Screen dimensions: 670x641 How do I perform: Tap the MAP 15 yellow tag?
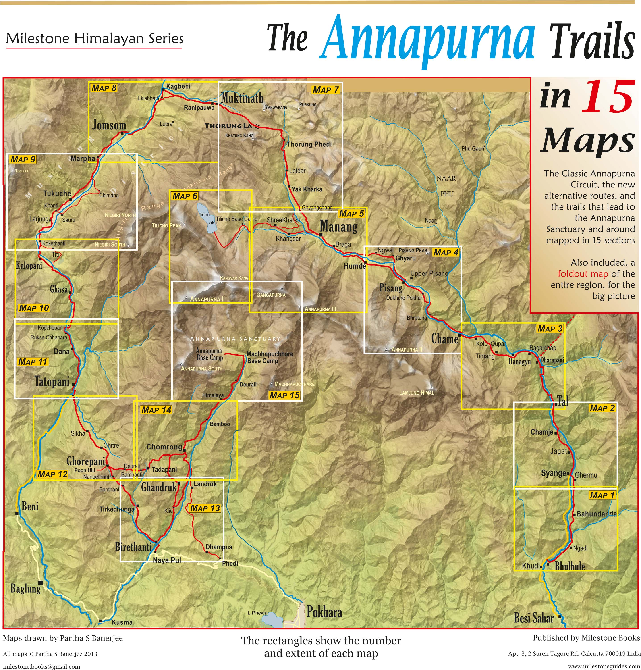click(x=284, y=395)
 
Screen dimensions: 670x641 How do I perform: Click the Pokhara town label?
click(x=324, y=612)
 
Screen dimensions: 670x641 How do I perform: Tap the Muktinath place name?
click(x=242, y=98)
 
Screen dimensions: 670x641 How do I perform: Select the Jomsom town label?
click(x=109, y=125)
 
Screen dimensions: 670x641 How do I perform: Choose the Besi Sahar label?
click(x=534, y=618)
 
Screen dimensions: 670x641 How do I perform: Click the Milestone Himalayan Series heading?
click(x=95, y=39)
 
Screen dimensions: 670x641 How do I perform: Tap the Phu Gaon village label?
click(x=473, y=149)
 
